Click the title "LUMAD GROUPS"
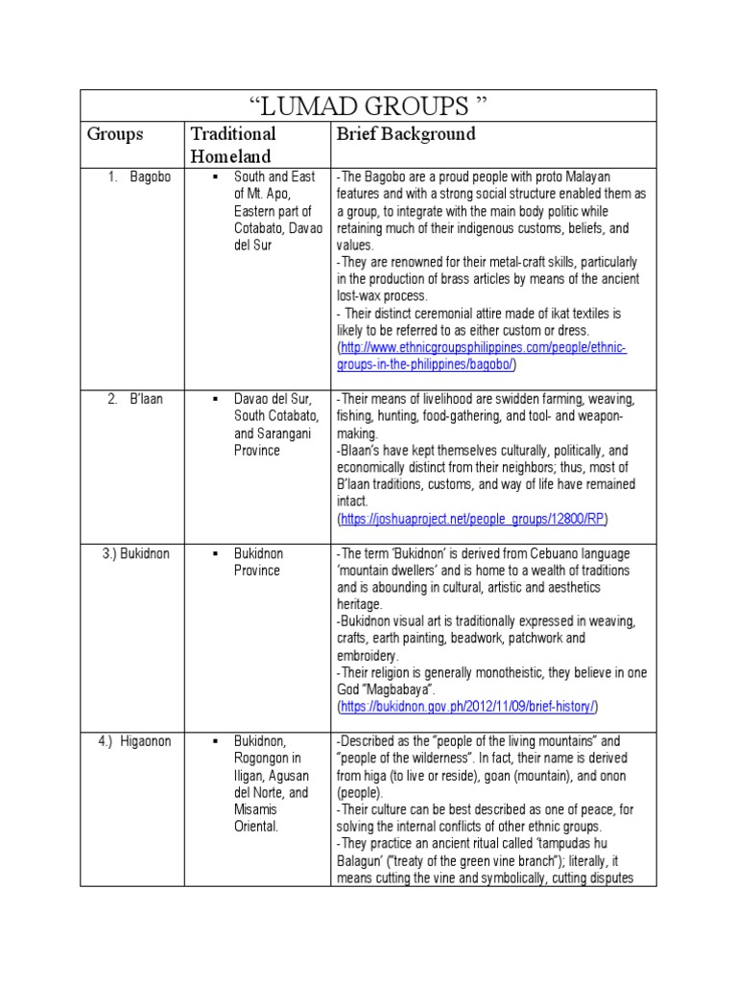368,105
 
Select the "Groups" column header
115,134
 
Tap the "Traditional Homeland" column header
232,145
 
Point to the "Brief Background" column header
405,134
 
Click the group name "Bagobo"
151,176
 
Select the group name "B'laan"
148,399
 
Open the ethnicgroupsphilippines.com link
481,356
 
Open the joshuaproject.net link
472,519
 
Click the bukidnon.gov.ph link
467,707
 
